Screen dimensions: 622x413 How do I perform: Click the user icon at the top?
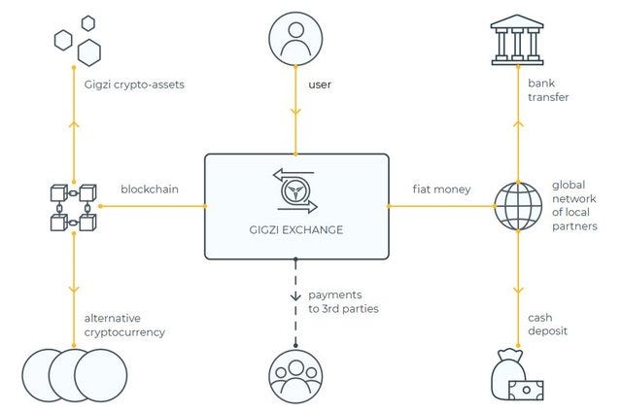point(295,39)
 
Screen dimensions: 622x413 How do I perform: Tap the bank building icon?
point(517,40)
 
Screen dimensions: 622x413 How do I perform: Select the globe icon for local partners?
point(518,206)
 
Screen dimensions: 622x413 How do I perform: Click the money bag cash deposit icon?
point(517,374)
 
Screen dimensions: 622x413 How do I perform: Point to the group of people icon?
point(295,376)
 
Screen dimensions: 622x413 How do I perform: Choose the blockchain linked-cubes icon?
point(74,207)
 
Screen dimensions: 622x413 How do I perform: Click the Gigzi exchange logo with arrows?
point(295,190)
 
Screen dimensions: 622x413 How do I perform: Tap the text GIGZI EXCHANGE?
point(296,229)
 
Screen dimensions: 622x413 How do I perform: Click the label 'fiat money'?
point(441,189)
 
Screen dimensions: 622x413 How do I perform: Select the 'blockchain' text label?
point(150,189)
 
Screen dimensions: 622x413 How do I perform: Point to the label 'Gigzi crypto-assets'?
point(134,85)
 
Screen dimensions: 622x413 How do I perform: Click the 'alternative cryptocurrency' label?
point(124,325)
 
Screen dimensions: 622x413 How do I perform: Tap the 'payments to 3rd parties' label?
point(343,301)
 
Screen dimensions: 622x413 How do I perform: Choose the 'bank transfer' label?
point(548,90)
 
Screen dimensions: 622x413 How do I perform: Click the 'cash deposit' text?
point(547,325)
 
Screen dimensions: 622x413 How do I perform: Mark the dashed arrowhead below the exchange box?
point(295,296)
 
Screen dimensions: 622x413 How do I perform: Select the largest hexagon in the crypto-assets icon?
point(88,52)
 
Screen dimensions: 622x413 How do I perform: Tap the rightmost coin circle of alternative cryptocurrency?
point(101,375)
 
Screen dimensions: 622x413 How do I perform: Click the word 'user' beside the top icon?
point(320,85)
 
